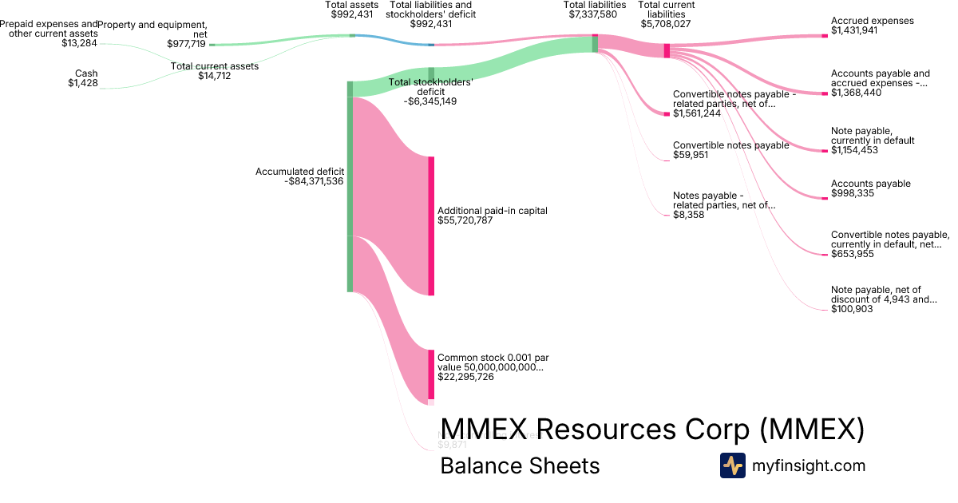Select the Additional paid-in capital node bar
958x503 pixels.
pyautogui.click(x=431, y=226)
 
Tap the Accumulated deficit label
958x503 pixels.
pyautogui.click(x=299, y=172)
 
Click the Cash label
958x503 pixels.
pyautogui.click(x=86, y=73)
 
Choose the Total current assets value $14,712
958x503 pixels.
pyautogui.click(x=215, y=76)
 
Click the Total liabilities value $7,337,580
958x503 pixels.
pyautogui.click(x=595, y=14)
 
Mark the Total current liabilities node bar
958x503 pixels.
pyautogui.click(x=667, y=50)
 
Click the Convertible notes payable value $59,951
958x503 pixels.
pyautogui.click(x=691, y=155)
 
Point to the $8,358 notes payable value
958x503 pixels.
pyautogui.click(x=688, y=215)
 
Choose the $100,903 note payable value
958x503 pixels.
pyautogui.click(x=852, y=308)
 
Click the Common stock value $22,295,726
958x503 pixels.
pyautogui.click(x=465, y=377)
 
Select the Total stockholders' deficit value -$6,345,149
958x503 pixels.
pyautogui.click(x=430, y=101)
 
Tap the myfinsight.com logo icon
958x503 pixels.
pyautogui.click(x=732, y=465)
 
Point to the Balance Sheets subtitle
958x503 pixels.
pyautogui.click(x=520, y=465)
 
